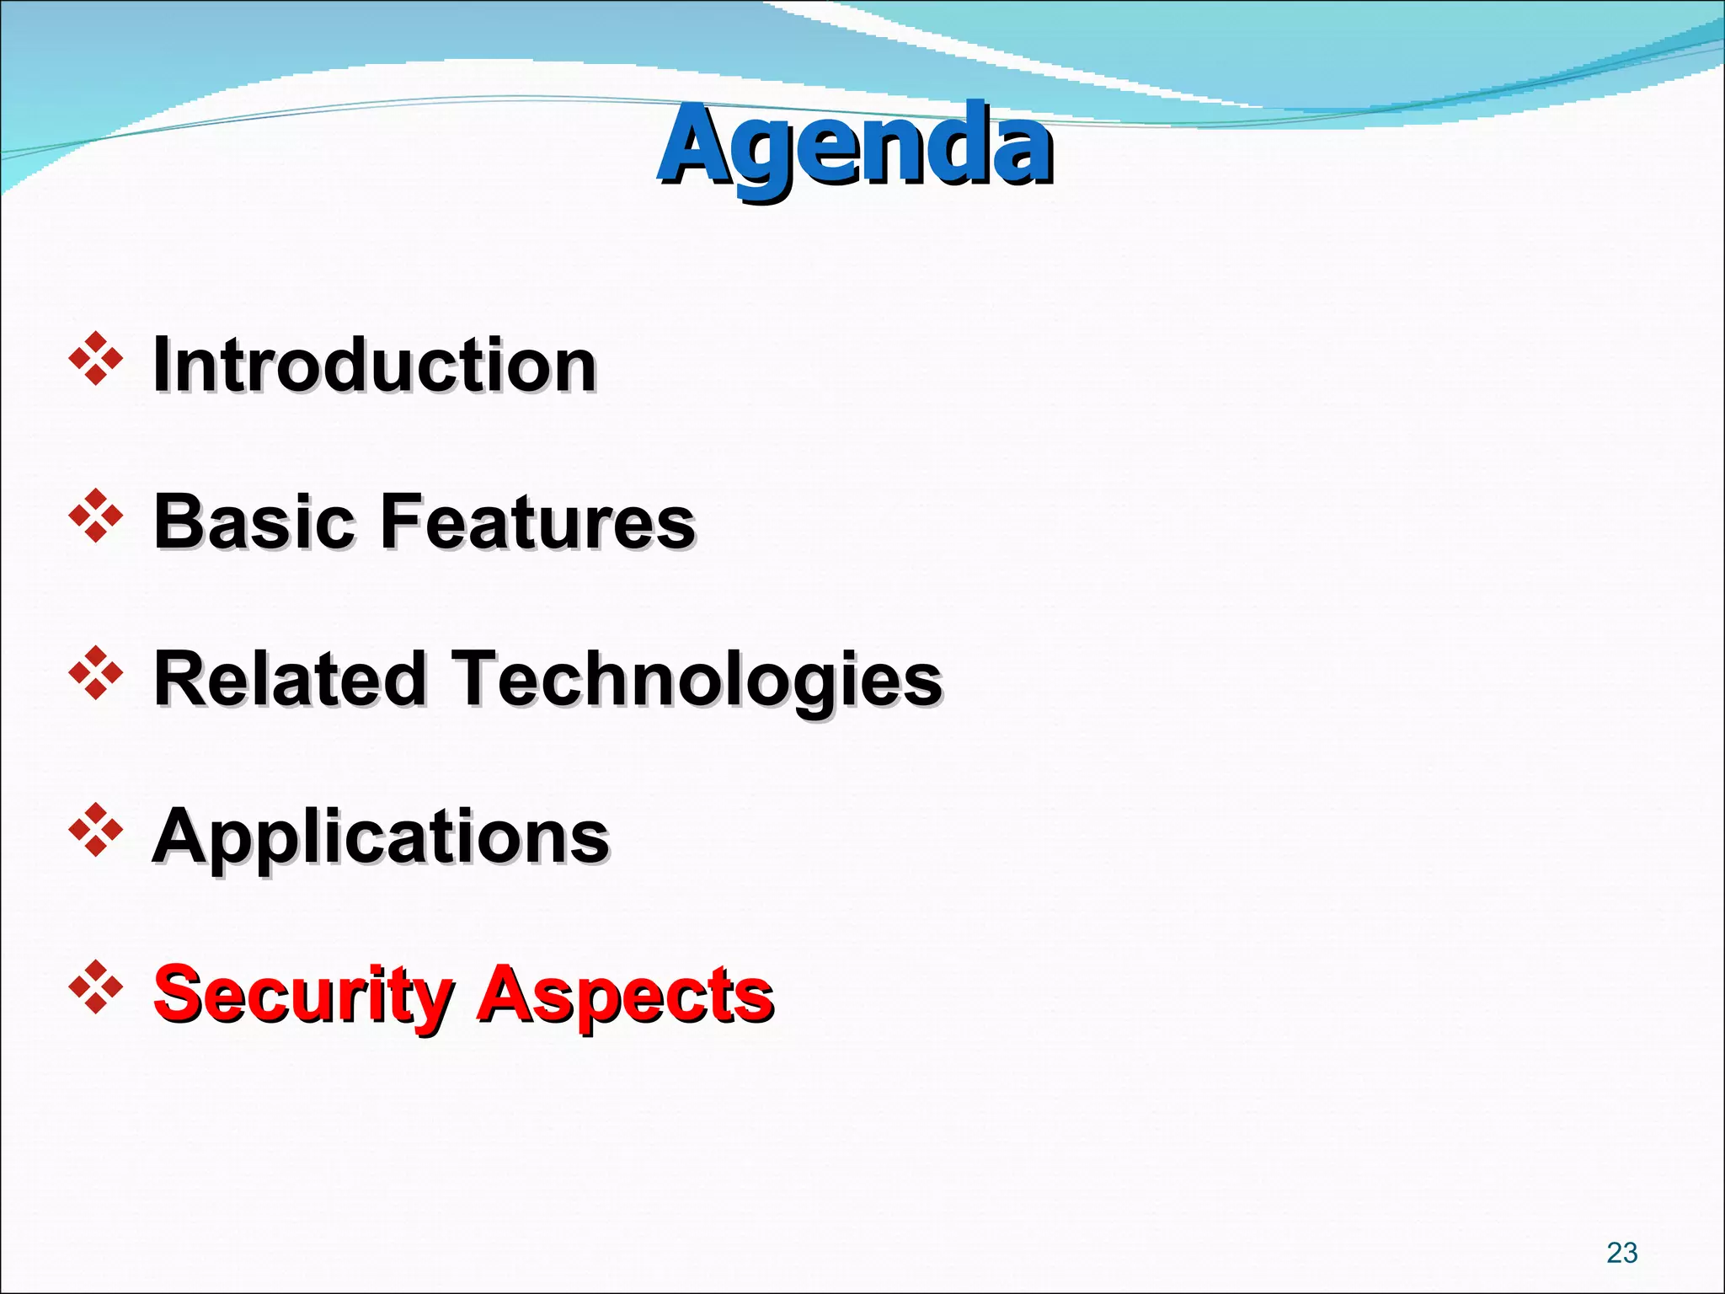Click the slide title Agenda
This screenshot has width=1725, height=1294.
tap(854, 145)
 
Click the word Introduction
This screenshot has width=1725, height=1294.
tap(374, 365)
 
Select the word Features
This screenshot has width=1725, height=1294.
tap(539, 521)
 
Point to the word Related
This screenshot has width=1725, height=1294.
tap(291, 679)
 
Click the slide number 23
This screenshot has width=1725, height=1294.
tap(1621, 1253)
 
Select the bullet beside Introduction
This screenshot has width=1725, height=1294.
tap(96, 360)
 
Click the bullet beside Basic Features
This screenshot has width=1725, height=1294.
tap(96, 516)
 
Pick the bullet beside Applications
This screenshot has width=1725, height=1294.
tap(96, 831)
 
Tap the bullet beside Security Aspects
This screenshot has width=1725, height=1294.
tap(96, 987)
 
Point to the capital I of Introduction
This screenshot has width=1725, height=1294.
tap(162, 365)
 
